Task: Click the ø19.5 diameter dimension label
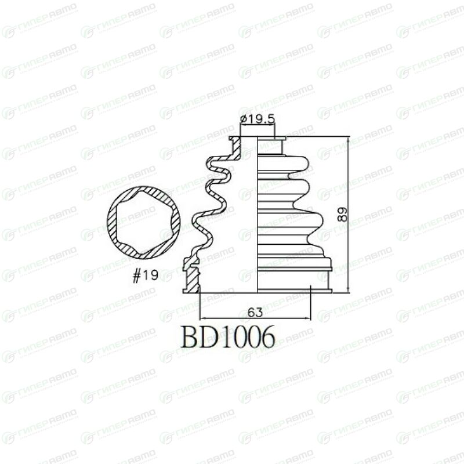click(x=258, y=119)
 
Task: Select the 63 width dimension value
click(x=255, y=312)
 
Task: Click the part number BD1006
click(x=228, y=338)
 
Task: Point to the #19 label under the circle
click(x=146, y=276)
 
